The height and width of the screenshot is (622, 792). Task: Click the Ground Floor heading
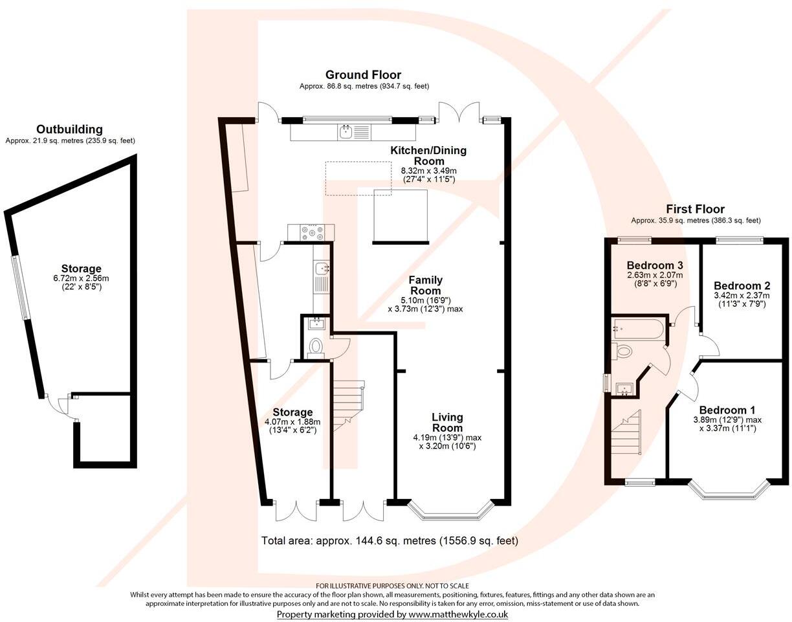tap(363, 75)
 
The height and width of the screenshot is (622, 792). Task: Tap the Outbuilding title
tap(69, 129)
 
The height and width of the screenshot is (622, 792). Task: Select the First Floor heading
tap(695, 209)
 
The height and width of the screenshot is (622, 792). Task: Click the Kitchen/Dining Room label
tap(428, 155)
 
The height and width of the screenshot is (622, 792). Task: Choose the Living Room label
tap(447, 423)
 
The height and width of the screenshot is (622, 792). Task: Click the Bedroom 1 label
tap(727, 410)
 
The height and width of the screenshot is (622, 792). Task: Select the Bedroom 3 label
tap(654, 265)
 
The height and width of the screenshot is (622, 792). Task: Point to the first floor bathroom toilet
tap(623, 351)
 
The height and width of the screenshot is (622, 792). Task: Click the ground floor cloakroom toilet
tap(316, 346)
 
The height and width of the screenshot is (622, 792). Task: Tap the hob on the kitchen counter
tap(311, 231)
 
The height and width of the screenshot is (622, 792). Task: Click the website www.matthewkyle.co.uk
tap(457, 614)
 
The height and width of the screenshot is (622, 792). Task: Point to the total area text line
tap(390, 540)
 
